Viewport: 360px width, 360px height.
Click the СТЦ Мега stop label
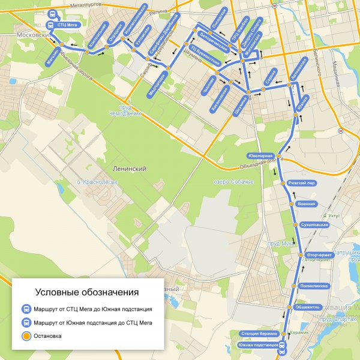(x=70, y=26)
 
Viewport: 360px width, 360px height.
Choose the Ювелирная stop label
(x=260, y=155)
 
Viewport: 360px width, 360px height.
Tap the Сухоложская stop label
(x=316, y=224)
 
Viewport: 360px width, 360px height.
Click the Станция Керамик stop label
(x=259, y=333)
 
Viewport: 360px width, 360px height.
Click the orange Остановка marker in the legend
(x=26, y=336)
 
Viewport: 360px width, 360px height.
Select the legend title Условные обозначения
(x=87, y=292)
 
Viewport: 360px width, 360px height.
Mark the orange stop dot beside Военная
(x=290, y=205)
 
